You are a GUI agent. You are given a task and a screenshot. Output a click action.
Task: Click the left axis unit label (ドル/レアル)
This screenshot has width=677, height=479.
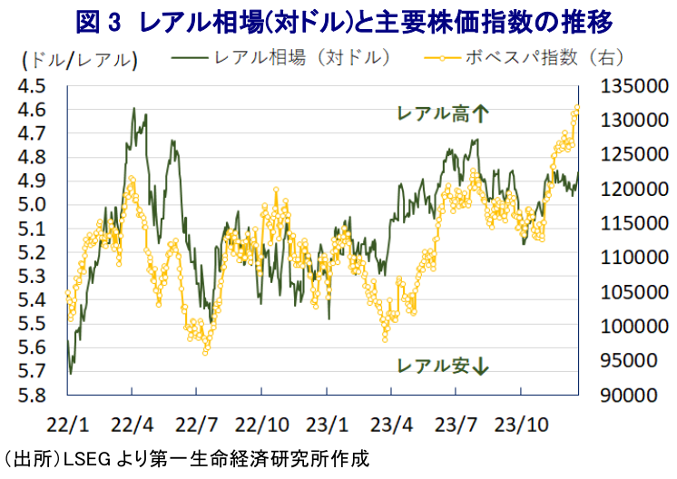click(78, 61)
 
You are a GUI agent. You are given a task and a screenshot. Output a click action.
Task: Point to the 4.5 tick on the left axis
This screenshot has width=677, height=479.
click(34, 86)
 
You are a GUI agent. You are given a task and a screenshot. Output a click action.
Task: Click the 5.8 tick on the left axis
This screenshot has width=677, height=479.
click(34, 396)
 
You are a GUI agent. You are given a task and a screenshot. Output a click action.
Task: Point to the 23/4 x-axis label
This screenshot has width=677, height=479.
click(391, 424)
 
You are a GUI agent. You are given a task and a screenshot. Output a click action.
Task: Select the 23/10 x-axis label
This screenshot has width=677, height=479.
click(521, 424)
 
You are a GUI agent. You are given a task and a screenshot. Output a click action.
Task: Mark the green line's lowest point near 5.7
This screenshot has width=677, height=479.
click(71, 372)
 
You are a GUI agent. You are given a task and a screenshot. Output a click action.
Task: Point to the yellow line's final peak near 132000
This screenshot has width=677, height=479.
click(576, 108)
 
